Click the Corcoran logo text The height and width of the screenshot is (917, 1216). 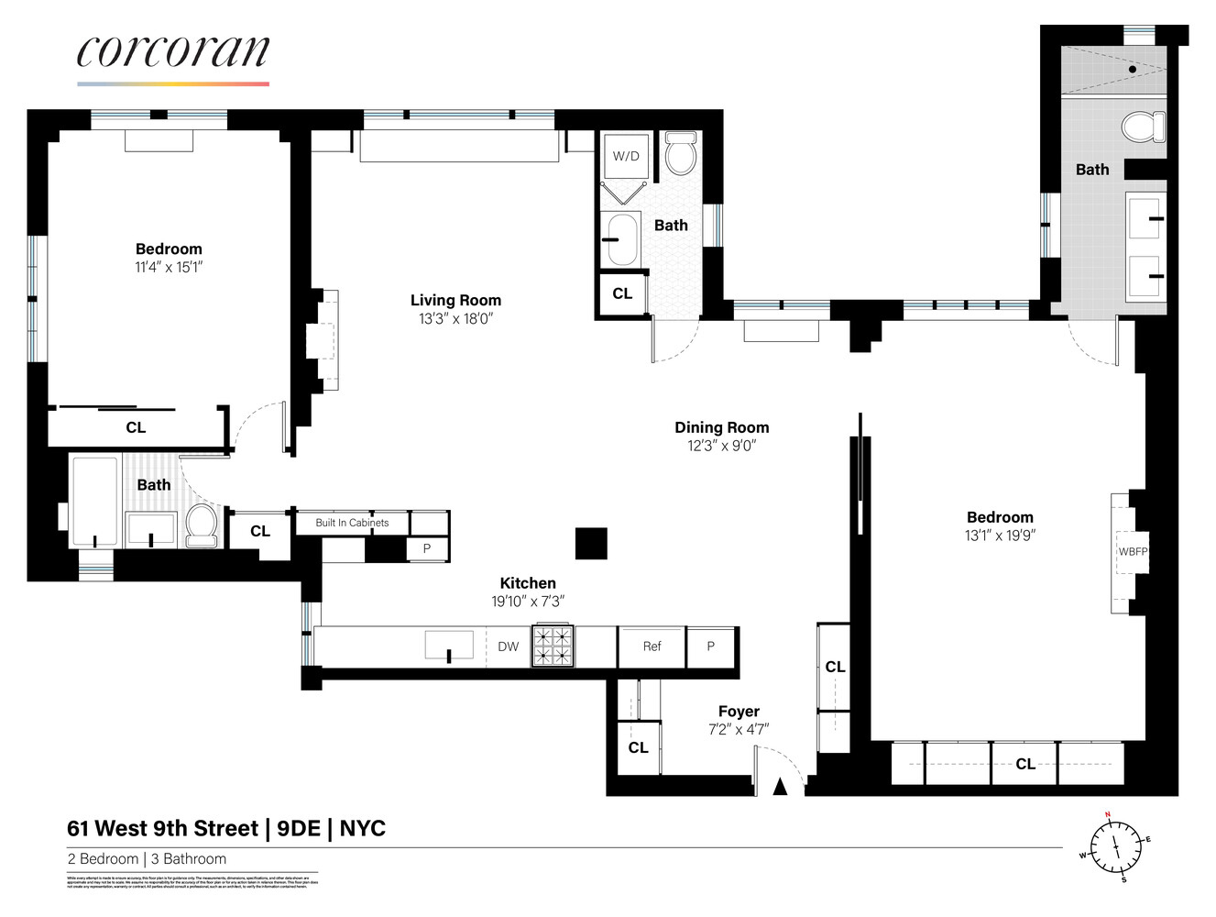173,52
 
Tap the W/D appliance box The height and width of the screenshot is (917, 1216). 626,156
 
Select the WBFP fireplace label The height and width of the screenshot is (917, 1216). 1133,552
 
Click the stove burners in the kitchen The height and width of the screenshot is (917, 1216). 553,646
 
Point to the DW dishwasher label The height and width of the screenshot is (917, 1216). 508,646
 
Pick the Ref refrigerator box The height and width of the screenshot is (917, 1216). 652,646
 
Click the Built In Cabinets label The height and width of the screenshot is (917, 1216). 352,523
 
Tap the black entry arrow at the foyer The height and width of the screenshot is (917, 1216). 780,786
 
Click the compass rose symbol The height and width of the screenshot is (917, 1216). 1115,846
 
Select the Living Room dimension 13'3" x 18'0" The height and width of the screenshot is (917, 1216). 455,319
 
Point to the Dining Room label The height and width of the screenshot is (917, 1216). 721,427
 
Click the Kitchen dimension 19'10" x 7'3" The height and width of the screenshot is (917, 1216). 527,602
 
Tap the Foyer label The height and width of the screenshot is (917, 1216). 739,712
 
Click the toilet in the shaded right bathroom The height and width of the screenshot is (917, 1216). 1143,127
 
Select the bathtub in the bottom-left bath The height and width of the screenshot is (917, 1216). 95,502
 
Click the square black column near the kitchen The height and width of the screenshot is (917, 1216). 591,544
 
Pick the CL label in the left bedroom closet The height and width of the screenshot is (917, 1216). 136,427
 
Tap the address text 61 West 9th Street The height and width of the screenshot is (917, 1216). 162,829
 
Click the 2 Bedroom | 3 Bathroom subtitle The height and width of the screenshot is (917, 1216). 147,859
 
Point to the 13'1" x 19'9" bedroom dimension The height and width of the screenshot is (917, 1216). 999,536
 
